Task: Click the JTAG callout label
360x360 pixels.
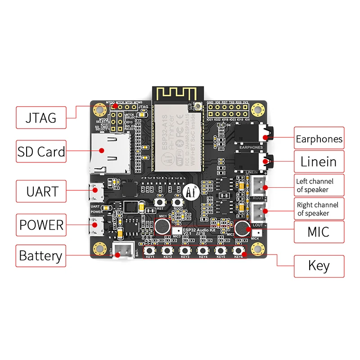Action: click(41, 118)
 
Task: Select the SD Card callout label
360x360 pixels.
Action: click(41, 151)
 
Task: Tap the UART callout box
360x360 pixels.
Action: click(41, 191)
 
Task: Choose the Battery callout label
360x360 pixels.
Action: click(41, 256)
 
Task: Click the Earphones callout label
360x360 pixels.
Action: click(319, 139)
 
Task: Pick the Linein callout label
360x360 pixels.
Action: click(319, 161)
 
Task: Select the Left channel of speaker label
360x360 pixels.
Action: click(319, 185)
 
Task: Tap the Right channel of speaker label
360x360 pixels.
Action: click(319, 209)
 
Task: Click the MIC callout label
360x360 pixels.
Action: click(319, 232)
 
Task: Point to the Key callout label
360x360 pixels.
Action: click(319, 265)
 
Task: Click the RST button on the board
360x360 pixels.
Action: click(160, 203)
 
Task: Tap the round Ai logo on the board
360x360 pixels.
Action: click(189, 192)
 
